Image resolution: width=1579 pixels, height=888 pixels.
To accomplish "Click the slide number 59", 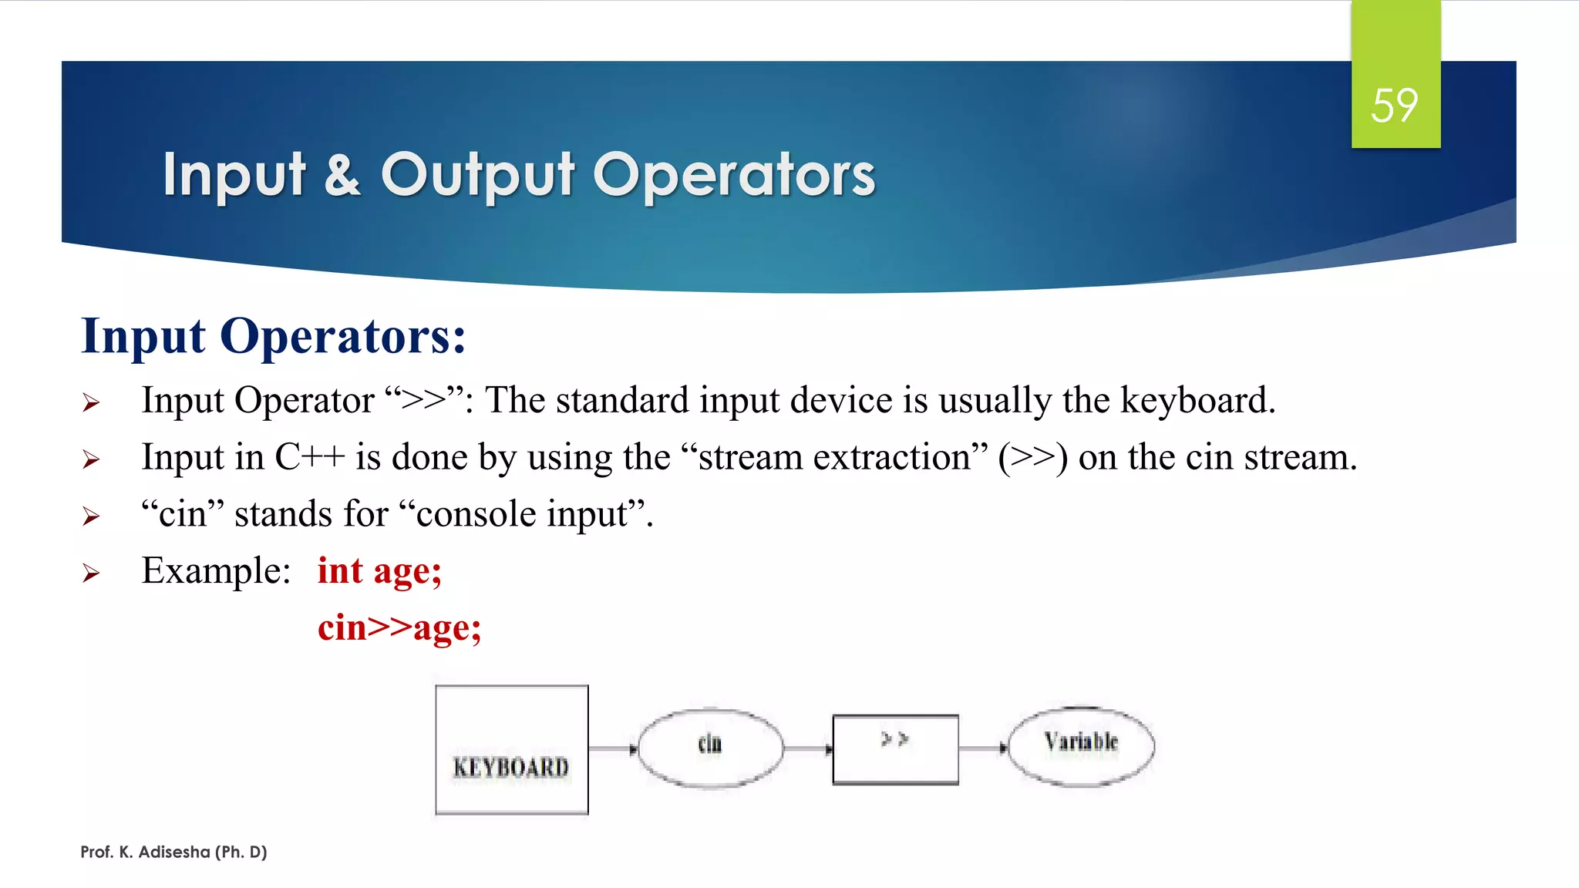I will [1394, 106].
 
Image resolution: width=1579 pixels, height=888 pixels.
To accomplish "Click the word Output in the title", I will [477, 174].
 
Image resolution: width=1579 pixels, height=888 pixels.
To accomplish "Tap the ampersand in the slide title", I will [342, 174].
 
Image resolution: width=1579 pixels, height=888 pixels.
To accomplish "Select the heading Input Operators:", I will [274, 336].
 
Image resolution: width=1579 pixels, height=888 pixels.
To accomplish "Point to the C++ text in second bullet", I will [309, 457].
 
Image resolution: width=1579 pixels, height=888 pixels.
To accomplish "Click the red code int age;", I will [379, 571].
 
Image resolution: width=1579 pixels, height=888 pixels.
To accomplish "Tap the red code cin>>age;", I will [399, 627].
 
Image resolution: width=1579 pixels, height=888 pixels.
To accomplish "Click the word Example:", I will [216, 571].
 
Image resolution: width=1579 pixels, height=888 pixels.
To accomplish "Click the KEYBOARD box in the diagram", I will [511, 749].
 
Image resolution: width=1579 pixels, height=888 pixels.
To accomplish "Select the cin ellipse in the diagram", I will [710, 747].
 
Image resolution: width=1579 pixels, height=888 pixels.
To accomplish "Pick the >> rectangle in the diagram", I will [895, 749].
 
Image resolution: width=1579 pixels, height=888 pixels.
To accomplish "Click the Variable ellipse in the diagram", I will [1080, 745].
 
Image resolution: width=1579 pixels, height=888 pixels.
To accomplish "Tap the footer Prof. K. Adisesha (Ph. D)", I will [173, 852].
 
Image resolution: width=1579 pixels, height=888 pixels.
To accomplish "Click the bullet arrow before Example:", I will [91, 573].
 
